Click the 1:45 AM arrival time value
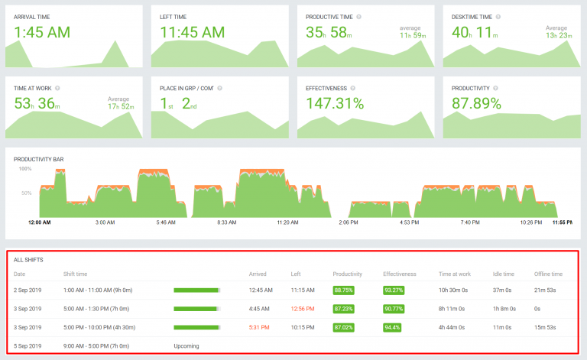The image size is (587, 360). [43, 32]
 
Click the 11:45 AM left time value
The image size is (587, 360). [193, 32]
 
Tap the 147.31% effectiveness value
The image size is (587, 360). [335, 103]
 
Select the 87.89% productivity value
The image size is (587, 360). [476, 103]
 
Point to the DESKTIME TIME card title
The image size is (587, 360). [472, 16]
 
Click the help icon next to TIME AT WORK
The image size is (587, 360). [57, 88]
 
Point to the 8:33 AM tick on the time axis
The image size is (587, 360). [227, 223]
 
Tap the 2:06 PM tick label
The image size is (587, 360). [349, 223]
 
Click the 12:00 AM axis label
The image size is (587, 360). [39, 223]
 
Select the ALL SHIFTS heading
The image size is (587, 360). [28, 260]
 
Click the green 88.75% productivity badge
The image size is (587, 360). [344, 290]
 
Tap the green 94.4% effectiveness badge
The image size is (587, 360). [392, 327]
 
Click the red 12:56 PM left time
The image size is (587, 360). [303, 309]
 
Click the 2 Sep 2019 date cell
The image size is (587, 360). [29, 290]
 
